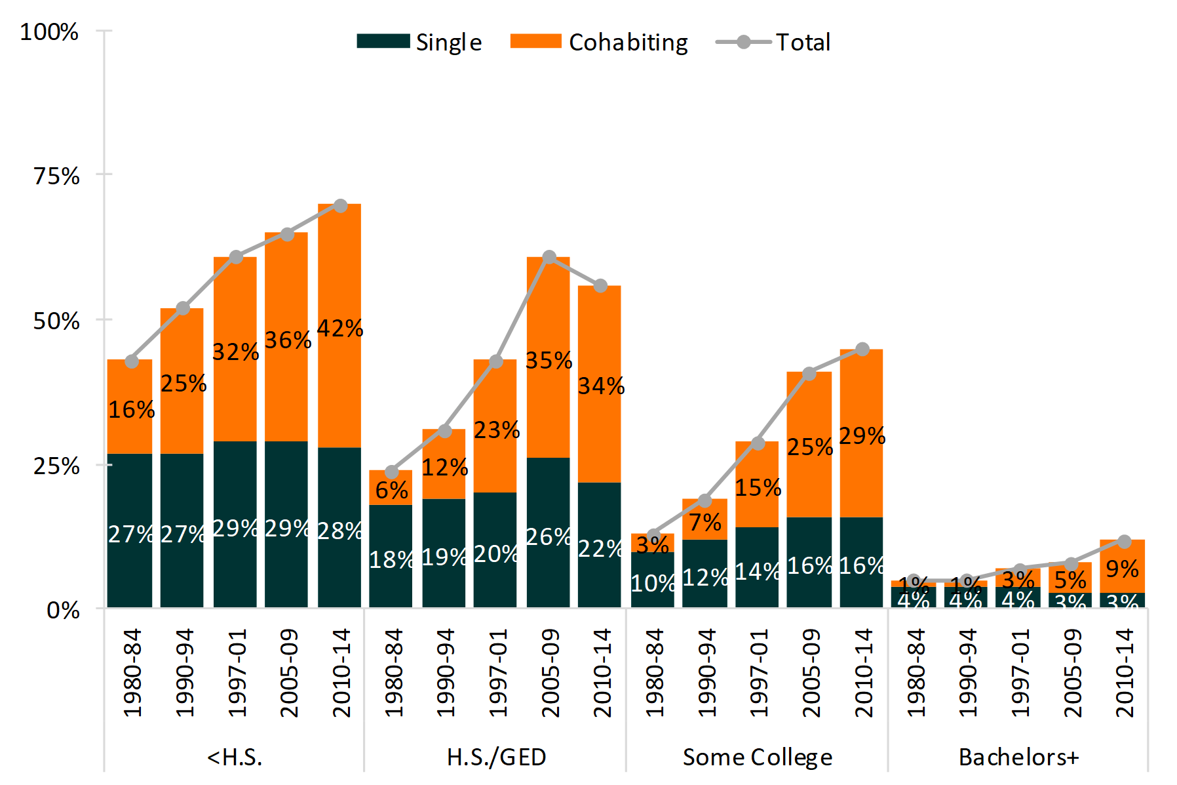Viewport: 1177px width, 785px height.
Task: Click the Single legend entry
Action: [x=419, y=42]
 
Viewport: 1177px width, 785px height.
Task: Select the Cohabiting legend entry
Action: [x=599, y=42]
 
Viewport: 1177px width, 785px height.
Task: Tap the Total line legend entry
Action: [x=773, y=42]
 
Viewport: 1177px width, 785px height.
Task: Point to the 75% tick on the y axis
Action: [x=56, y=176]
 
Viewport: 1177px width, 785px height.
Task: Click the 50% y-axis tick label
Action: [x=56, y=321]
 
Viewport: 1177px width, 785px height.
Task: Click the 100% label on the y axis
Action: [x=49, y=31]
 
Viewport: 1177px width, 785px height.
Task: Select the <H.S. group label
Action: [x=234, y=757]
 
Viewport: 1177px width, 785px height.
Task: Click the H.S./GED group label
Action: [x=496, y=757]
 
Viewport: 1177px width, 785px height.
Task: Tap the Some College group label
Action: [x=757, y=757]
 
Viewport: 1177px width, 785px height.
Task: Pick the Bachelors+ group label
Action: [x=1018, y=757]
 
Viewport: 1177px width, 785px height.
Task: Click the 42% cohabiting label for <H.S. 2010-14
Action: [x=340, y=328]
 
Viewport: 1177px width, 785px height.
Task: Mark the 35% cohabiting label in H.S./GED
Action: [x=549, y=360]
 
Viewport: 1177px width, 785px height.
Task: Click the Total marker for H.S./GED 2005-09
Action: [x=549, y=257]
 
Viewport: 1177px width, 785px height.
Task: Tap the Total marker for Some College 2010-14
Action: [x=862, y=350]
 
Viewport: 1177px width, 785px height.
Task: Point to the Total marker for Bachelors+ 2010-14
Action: [x=1124, y=542]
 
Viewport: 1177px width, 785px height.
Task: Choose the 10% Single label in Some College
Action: [x=652, y=583]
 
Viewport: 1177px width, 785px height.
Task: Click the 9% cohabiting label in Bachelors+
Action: [x=1122, y=569]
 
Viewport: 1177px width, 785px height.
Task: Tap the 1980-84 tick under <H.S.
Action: [x=132, y=672]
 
